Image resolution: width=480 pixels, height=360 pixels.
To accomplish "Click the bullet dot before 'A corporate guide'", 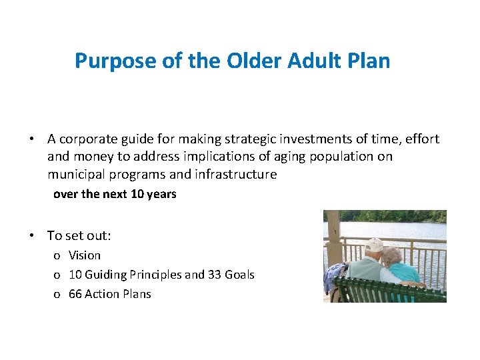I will click(x=31, y=139).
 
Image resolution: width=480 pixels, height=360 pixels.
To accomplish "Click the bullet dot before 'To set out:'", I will click(x=31, y=235).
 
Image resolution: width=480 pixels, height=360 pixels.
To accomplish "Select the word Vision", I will click(x=85, y=255).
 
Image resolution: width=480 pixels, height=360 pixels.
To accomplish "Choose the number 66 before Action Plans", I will click(x=75, y=294).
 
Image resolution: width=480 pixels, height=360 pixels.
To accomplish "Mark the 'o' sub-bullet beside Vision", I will click(x=57, y=256).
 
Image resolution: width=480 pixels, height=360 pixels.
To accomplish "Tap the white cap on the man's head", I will click(x=374, y=244).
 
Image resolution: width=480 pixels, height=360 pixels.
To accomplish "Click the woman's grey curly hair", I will click(x=391, y=255).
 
